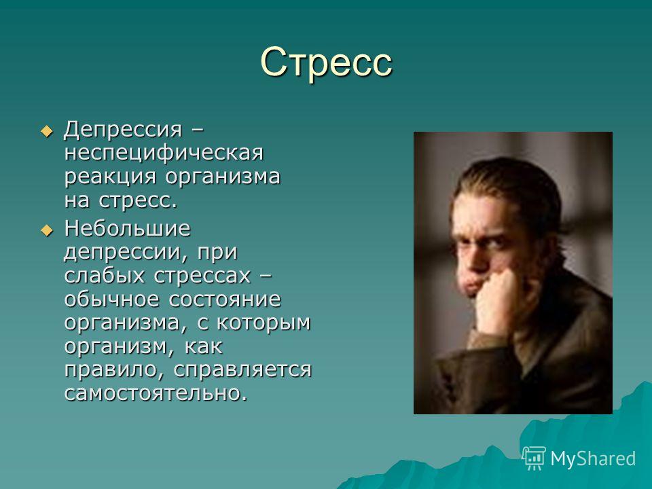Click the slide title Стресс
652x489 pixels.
pyautogui.click(x=327, y=63)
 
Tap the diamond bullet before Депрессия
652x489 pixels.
pyautogui.click(x=47, y=131)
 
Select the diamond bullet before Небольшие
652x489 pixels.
pyautogui.click(x=47, y=230)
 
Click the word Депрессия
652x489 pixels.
pyautogui.click(x=123, y=130)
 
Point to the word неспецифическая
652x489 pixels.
pyautogui.click(x=164, y=153)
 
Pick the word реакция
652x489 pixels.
pyautogui.click(x=110, y=177)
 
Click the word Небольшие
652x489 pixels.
pyautogui.click(x=127, y=228)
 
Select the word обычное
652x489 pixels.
pyautogui.click(x=111, y=299)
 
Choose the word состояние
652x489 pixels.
pyautogui.click(x=225, y=300)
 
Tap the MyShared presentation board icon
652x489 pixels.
pyautogui.click(x=534, y=458)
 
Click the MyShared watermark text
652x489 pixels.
pyautogui.click(x=593, y=458)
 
